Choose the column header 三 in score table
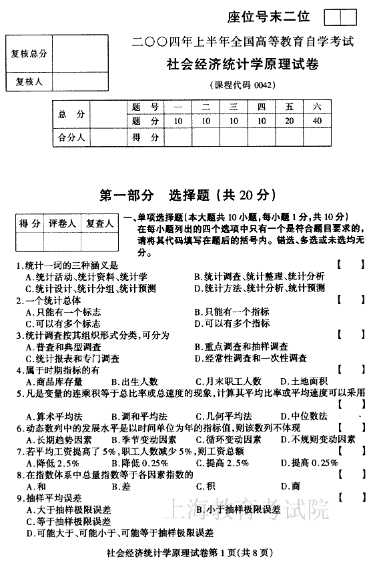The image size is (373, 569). [x=233, y=107]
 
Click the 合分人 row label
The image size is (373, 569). [x=71, y=137]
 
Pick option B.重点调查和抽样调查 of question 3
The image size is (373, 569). [x=241, y=347]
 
